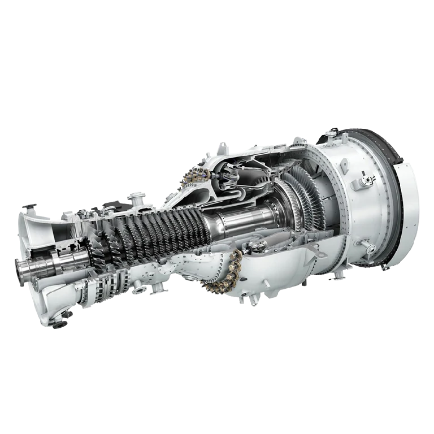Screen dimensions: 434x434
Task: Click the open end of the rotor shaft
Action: pos(23,271)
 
